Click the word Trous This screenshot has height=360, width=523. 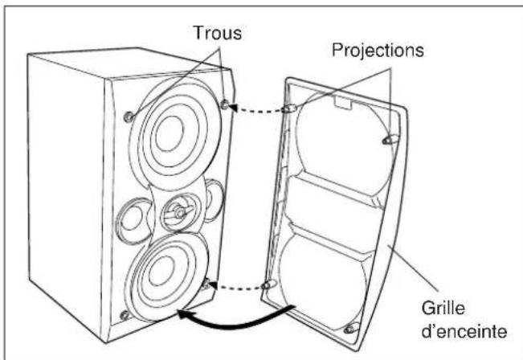click(218, 33)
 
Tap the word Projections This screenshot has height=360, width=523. click(378, 51)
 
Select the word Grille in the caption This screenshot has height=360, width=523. click(443, 308)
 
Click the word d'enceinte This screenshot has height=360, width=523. click(464, 331)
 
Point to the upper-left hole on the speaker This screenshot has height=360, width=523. click(129, 117)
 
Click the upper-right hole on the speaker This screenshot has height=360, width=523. click(225, 104)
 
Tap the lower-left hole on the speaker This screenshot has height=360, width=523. click(125, 315)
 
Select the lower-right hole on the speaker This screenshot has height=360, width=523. click(206, 284)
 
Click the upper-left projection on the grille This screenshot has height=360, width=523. click(289, 108)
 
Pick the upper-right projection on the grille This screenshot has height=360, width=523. click(390, 140)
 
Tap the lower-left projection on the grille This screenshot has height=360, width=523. click(269, 284)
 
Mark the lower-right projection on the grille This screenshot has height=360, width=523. click(352, 329)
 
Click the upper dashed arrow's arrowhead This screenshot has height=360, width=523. click(235, 108)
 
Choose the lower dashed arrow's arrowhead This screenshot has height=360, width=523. click(213, 285)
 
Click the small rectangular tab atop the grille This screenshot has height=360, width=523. click(343, 102)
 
